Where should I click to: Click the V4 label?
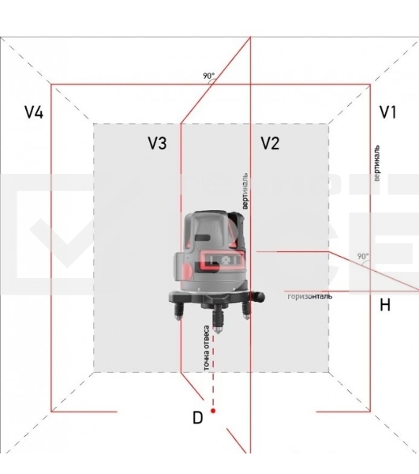click(x=34, y=112)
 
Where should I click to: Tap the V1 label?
click(x=388, y=112)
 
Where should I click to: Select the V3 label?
click(x=157, y=143)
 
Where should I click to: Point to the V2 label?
click(x=270, y=143)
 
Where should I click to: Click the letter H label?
click(x=385, y=305)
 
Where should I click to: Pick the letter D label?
click(x=198, y=418)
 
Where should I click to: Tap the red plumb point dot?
click(x=213, y=411)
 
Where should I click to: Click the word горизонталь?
click(x=310, y=296)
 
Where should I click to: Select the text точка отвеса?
click(x=207, y=348)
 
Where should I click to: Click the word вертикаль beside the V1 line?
click(x=376, y=164)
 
